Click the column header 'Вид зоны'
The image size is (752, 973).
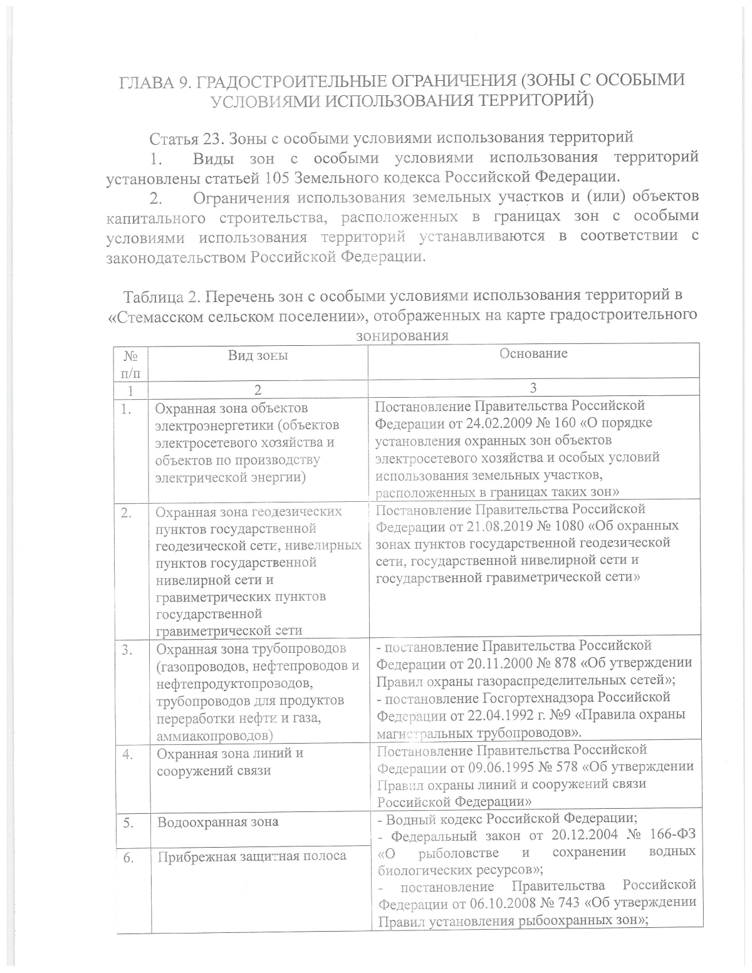point(258,355)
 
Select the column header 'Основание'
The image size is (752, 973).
point(533,353)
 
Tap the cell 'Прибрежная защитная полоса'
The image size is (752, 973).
point(251,856)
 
